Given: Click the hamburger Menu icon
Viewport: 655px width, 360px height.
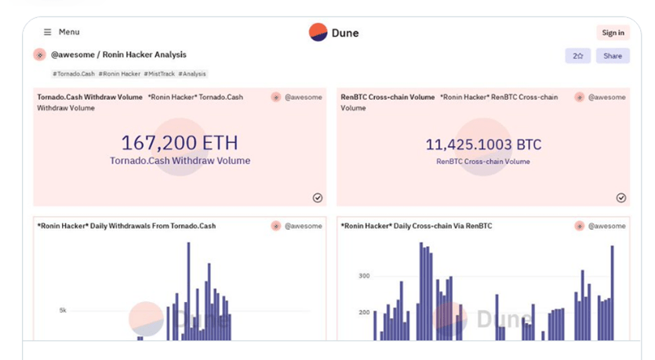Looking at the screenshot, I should coord(48,32).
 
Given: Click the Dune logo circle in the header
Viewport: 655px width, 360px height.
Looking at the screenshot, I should coord(318,32).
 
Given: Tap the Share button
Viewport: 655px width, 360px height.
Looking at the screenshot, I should coord(613,56).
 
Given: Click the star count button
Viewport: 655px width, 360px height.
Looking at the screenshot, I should coord(577,56).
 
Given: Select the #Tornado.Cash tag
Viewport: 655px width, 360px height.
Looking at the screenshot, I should coord(75,74).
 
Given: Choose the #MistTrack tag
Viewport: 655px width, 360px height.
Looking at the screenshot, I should coord(160,74).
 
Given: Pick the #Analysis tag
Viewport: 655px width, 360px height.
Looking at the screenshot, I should coord(192,74).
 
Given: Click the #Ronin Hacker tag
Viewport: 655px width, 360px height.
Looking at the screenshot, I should coord(121,74).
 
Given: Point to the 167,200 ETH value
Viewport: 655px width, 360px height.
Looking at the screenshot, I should coord(180,143).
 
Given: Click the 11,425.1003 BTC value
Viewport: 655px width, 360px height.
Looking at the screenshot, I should coord(483,144).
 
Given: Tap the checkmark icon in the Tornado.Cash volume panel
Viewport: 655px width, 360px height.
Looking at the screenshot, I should coord(318,198).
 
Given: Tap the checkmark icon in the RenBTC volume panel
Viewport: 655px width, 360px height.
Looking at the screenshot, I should coord(621,198).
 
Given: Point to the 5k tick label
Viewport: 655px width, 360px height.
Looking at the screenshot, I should coord(63,311).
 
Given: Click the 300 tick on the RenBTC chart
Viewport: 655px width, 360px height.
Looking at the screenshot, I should coord(364,276).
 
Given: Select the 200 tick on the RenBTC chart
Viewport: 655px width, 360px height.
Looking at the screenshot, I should coord(364,312).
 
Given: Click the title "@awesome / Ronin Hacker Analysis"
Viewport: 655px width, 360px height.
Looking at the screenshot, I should coord(118,55).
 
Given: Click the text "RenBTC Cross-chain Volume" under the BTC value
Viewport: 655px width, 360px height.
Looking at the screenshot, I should coord(483,162).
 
